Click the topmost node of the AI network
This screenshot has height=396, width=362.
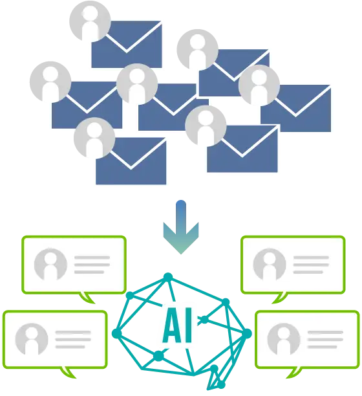point(168,278)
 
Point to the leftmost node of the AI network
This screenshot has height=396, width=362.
point(116,333)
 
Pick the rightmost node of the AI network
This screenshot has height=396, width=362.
point(247,334)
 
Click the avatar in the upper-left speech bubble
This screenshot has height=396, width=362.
point(50,264)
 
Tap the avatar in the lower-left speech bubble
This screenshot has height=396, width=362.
point(32,339)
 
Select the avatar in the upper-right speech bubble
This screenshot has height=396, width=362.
point(270,264)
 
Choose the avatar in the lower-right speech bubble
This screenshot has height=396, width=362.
point(284,339)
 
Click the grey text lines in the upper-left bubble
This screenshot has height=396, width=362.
point(92,265)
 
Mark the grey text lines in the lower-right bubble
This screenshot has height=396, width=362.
point(325,340)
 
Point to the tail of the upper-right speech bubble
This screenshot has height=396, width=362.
point(279,298)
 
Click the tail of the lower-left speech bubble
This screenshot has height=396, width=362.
point(68,373)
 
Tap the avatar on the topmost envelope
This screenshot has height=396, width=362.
point(90,21)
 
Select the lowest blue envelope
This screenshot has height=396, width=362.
point(131,161)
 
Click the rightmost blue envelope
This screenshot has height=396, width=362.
point(295,109)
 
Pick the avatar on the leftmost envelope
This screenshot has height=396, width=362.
point(50,82)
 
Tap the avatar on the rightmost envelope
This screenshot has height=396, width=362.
point(259,85)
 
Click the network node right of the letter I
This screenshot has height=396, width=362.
point(204,320)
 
